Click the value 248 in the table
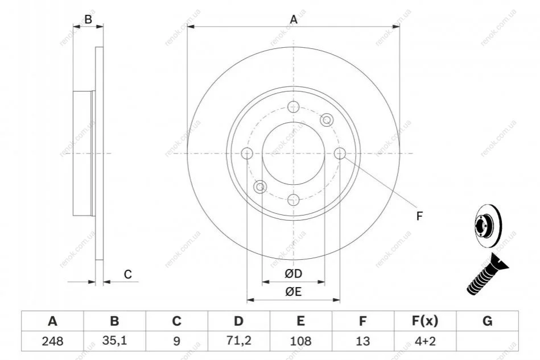(52, 341)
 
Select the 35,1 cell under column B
(115, 341)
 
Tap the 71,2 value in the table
(238, 341)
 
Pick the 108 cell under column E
(300, 341)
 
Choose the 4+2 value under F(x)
(425, 341)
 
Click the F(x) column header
(425, 321)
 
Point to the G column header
(487, 321)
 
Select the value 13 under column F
(362, 341)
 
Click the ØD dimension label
(294, 274)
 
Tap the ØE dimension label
(294, 292)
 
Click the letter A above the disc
(294, 19)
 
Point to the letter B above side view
(88, 19)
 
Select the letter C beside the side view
(128, 274)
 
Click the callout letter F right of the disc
(419, 216)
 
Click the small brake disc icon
(488, 226)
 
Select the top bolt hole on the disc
(294, 107)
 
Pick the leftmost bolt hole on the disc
(247, 153)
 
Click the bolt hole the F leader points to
(340, 153)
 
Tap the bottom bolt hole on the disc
(294, 200)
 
